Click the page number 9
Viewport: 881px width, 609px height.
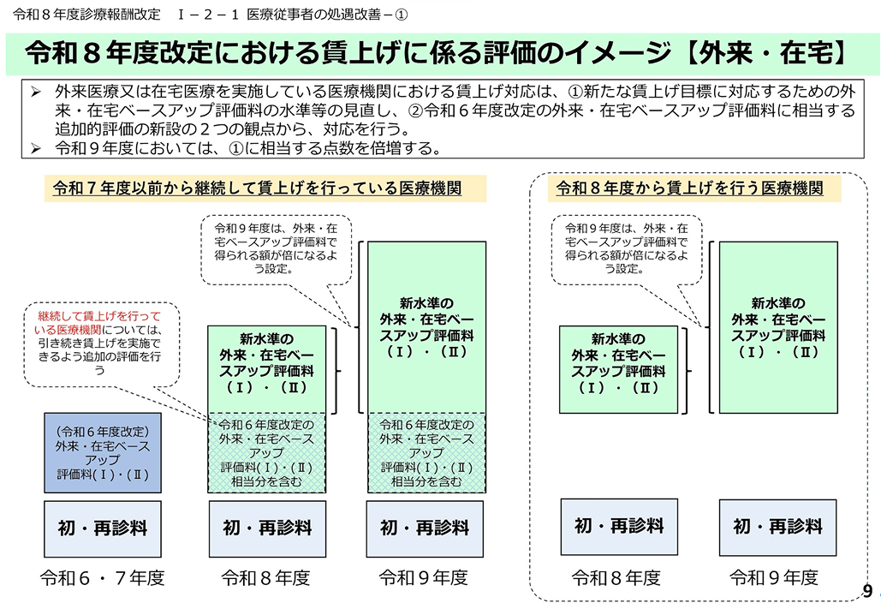point(867,592)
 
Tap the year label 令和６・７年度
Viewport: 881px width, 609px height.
point(102,578)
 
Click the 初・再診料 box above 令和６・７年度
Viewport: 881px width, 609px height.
point(102,528)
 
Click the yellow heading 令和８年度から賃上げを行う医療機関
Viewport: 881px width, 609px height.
point(689,188)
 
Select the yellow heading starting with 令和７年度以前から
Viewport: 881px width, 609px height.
point(258,188)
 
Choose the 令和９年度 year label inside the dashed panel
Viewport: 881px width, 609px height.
point(773,578)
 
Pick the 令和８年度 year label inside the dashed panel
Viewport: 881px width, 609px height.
point(616,578)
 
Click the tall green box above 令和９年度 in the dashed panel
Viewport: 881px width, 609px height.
point(778,327)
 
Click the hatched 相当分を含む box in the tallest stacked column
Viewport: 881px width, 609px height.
point(426,453)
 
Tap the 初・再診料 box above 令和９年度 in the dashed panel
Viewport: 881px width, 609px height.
point(777,526)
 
